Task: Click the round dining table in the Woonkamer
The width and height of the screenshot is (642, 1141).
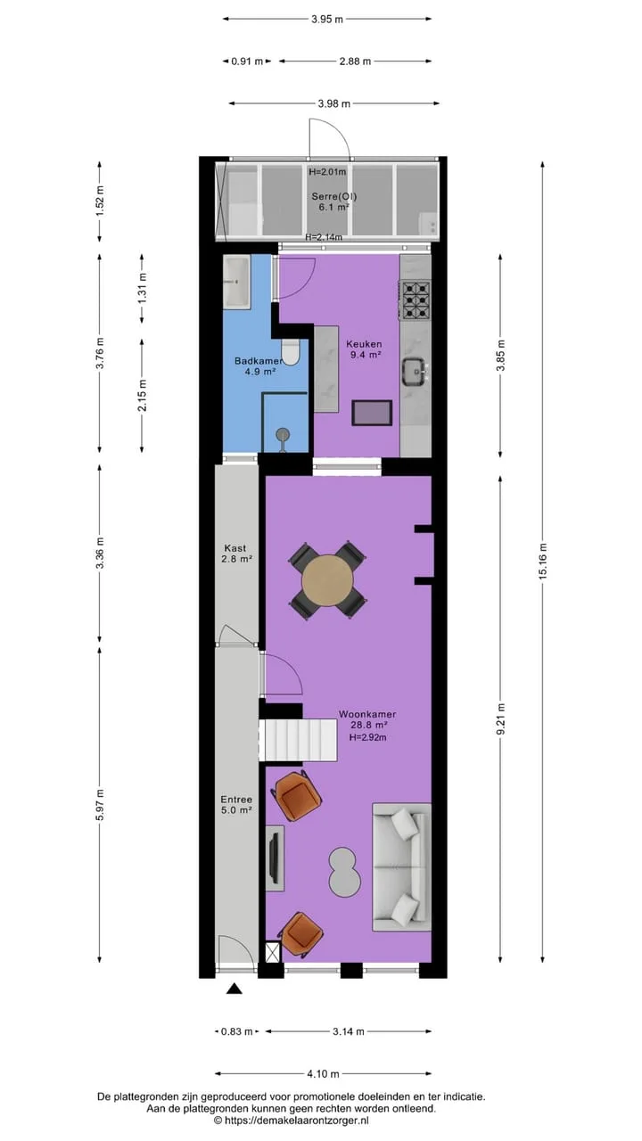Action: coord(327,581)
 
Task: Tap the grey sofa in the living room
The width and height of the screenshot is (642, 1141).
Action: coord(402,867)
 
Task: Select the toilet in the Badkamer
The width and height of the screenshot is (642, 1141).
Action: coord(291,352)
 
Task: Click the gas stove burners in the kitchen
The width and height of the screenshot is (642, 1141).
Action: coord(416,300)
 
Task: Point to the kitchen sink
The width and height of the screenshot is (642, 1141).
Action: coord(414,372)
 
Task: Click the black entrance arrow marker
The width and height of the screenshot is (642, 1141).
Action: coord(234,989)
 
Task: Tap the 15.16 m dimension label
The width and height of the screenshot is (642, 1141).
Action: coord(543,561)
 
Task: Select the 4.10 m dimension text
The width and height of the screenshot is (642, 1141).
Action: coord(323,1074)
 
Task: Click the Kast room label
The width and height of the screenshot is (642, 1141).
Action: coord(235,548)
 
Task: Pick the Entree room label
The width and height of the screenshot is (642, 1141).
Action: coord(236,800)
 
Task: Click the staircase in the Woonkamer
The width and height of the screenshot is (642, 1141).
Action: coord(299,740)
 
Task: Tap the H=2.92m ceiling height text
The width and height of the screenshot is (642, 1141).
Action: coord(367,737)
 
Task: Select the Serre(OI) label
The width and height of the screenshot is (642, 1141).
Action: coord(334,196)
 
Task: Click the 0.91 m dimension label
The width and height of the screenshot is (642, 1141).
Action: coord(247,62)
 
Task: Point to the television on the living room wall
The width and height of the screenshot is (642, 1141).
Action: coord(276,858)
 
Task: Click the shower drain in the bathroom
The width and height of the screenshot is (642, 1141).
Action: coord(283,434)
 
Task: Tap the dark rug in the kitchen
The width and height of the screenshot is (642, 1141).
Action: coord(372,413)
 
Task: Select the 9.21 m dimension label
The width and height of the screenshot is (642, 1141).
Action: coord(501,718)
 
